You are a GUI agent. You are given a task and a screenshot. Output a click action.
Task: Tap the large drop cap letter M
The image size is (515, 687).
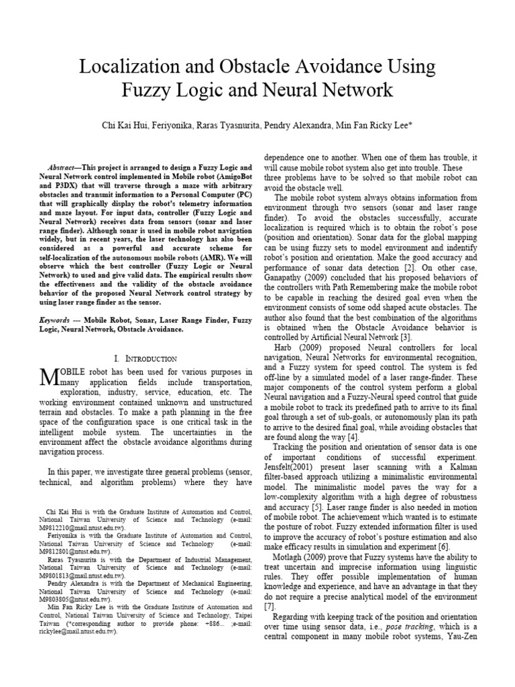point(51,378)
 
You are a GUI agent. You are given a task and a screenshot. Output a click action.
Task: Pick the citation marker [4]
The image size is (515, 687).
point(353,437)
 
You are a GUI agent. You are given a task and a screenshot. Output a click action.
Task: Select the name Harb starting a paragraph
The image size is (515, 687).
point(286,348)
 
